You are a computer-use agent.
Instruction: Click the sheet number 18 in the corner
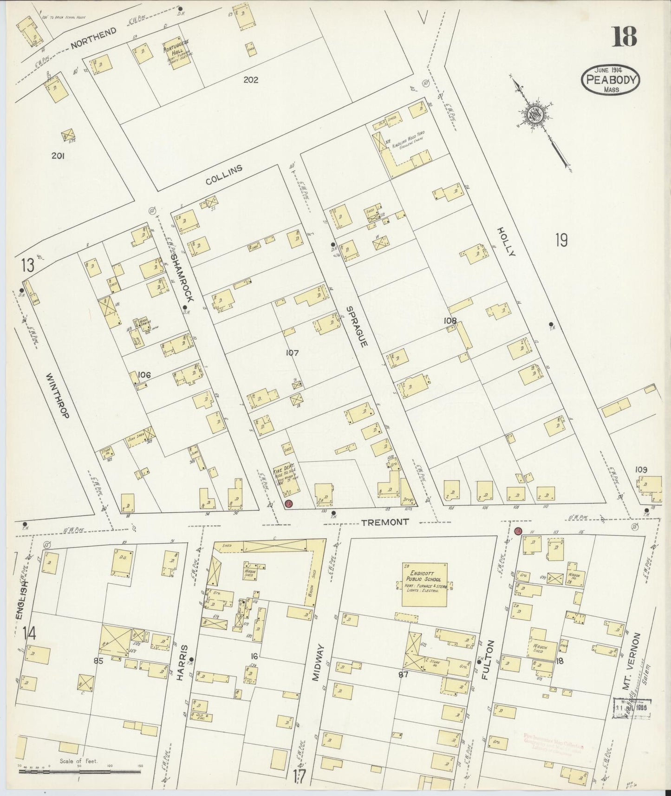point(624,36)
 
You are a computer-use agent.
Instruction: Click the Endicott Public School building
point(424,585)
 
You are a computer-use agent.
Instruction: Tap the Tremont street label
point(385,522)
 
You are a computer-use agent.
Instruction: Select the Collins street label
point(224,176)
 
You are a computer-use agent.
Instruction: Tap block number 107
point(292,353)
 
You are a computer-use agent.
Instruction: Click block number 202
point(251,79)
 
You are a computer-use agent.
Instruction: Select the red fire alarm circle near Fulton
point(518,531)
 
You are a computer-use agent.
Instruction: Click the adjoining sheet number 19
point(561,241)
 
